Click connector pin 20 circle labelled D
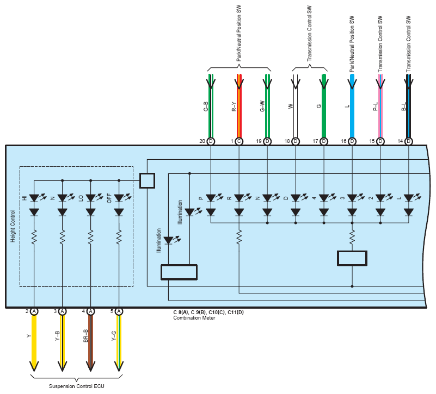(x=211, y=141)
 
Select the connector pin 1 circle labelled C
(x=239, y=141)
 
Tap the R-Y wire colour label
(x=234, y=107)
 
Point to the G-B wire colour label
(x=206, y=107)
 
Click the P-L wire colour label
(x=376, y=107)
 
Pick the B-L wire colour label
(x=404, y=107)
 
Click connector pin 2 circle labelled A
(x=34, y=311)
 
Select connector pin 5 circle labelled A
(x=119, y=311)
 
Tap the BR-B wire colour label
(x=85, y=336)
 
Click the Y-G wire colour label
(x=114, y=336)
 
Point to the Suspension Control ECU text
(x=76, y=386)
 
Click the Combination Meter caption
(x=194, y=318)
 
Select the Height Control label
(x=13, y=226)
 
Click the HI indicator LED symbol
(x=34, y=198)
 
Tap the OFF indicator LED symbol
(x=119, y=198)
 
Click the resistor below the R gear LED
(x=239, y=237)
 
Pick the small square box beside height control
(x=147, y=181)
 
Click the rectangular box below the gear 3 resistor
(x=352, y=258)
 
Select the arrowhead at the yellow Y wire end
(x=34, y=366)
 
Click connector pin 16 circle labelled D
(x=352, y=141)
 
